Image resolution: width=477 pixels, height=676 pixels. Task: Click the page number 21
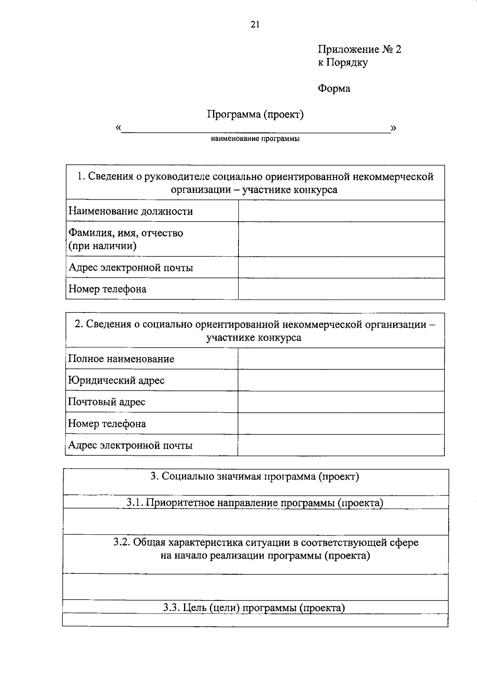click(x=255, y=25)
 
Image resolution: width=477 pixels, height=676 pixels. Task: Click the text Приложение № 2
click(x=359, y=49)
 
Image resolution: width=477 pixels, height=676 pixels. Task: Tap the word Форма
click(x=334, y=88)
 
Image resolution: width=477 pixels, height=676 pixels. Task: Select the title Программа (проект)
click(x=255, y=115)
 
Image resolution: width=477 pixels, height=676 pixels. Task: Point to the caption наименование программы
click(x=255, y=139)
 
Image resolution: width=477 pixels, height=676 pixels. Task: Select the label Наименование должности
click(x=131, y=211)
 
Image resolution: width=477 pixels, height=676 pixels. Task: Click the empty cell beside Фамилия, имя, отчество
click(x=341, y=239)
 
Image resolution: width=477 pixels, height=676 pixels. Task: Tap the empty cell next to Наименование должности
click(x=341, y=211)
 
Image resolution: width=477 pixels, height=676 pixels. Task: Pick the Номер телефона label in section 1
click(x=107, y=289)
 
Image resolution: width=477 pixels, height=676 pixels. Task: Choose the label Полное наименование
click(x=121, y=359)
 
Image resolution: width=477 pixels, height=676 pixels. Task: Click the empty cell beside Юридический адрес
click(x=341, y=380)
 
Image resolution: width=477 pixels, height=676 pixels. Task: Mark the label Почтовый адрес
click(x=107, y=402)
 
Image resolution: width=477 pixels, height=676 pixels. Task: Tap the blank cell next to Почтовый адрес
click(x=341, y=402)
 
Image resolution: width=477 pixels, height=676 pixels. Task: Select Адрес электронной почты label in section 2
click(x=130, y=445)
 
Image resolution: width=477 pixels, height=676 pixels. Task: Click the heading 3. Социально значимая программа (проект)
click(x=255, y=476)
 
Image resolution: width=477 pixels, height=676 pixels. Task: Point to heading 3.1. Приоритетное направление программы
click(x=255, y=503)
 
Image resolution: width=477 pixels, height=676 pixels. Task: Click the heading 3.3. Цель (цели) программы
click(x=254, y=608)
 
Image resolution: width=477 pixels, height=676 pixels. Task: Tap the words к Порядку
click(x=343, y=62)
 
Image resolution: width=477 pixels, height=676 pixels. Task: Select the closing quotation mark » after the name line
click(x=394, y=128)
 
